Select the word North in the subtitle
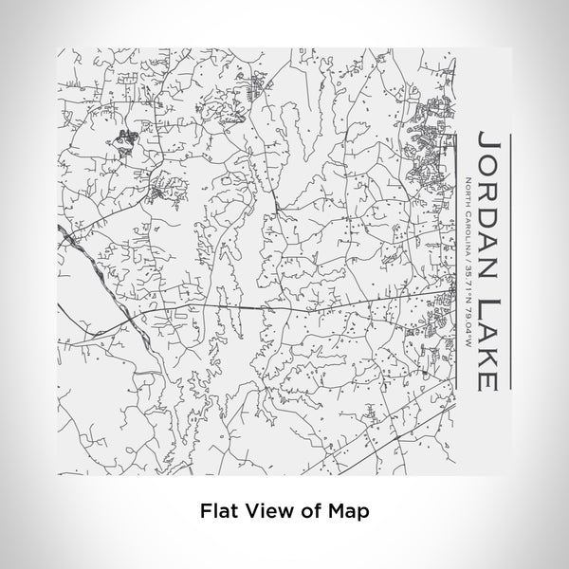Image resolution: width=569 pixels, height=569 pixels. coord(469,190)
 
